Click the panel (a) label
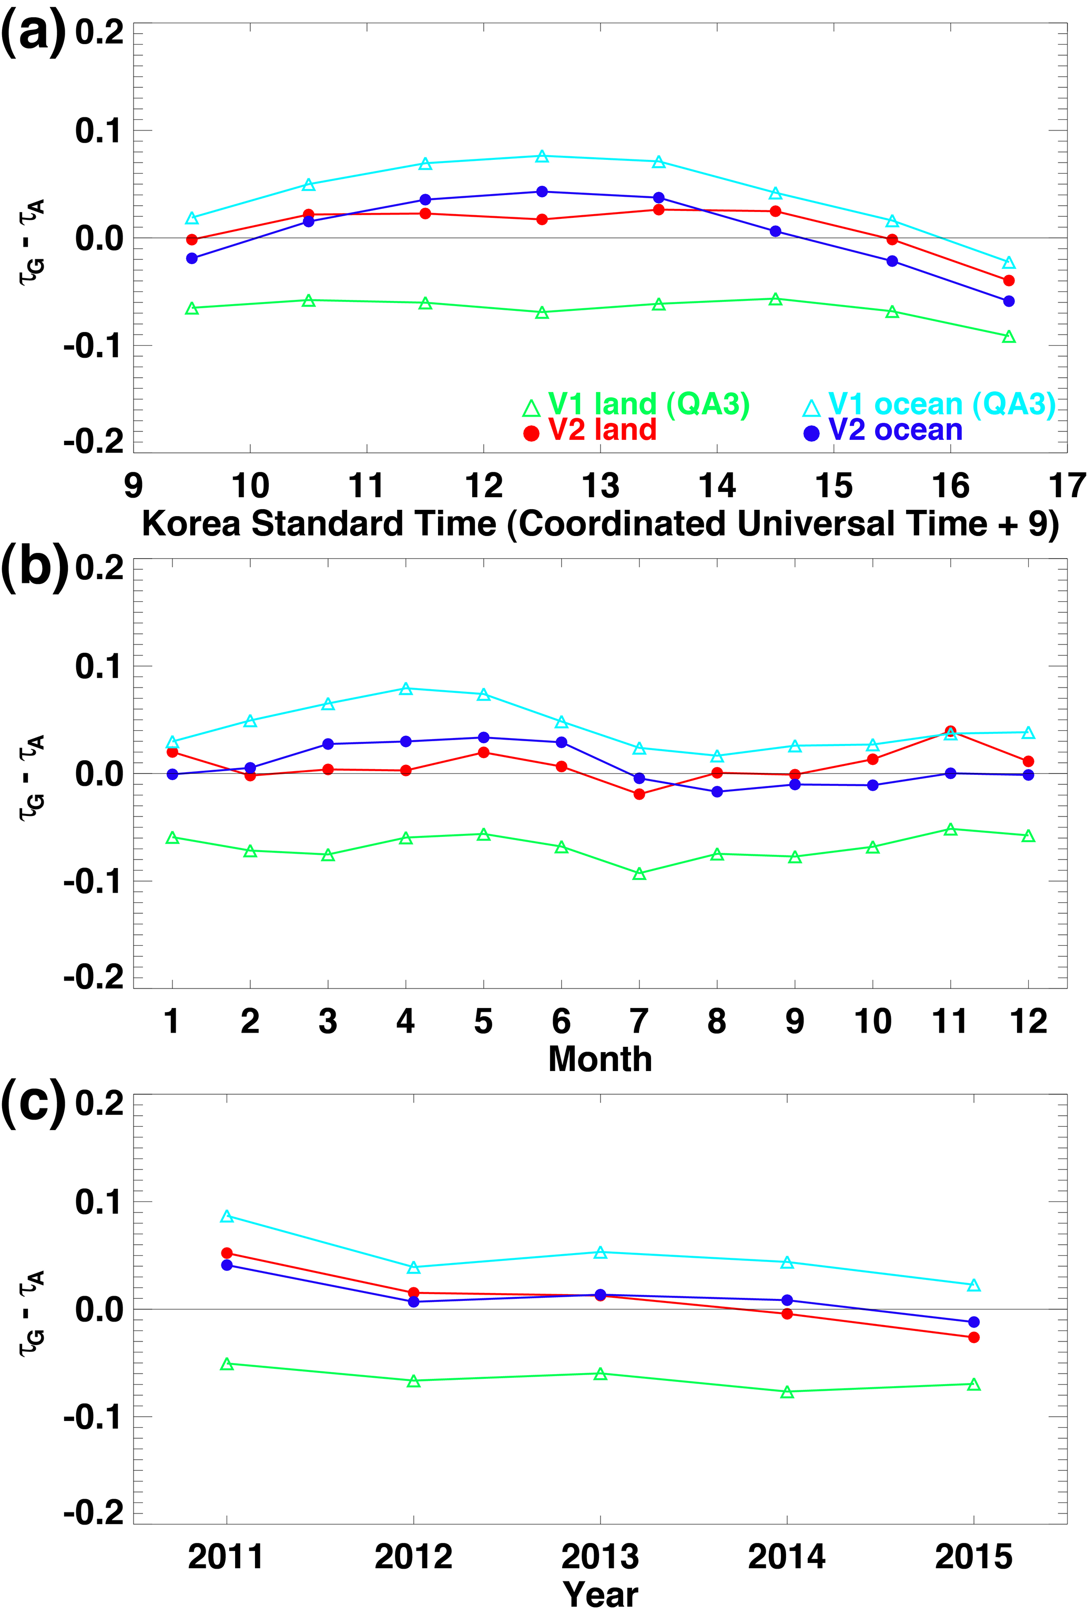[x=33, y=33]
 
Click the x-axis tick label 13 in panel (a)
[x=601, y=486]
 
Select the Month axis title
[x=601, y=1059]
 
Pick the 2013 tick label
[x=601, y=1557]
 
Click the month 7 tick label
[x=639, y=1022]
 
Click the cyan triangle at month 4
[x=406, y=689]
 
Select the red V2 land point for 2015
[x=973, y=1337]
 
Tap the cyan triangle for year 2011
[x=227, y=1216]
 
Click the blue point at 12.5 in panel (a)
[x=542, y=191]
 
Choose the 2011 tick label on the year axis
[x=227, y=1557]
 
